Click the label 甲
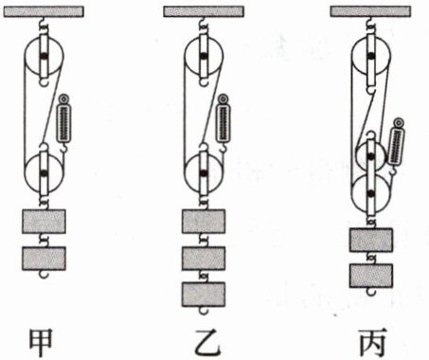pos(41,343)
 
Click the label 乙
pos(206,343)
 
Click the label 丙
pos(373,343)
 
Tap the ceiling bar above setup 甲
pos(44,12)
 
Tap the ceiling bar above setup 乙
pos(204,12)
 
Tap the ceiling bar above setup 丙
pos(370,12)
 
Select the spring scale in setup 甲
pos(63,121)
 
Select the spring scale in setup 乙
pos(223,121)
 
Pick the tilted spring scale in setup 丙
pos(395,145)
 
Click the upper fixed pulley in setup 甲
pos(44,57)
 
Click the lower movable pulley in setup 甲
pos(44,173)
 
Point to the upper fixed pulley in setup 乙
pos(204,57)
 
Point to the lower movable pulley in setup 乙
pos(204,173)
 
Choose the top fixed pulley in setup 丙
pos(371,57)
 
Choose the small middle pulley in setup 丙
pos(371,155)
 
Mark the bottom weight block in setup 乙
pos(204,295)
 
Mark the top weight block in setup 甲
pos(44,222)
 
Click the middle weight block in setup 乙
pos(204,259)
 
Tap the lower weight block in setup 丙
pos(371,276)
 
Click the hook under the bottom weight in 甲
pos(44,275)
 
